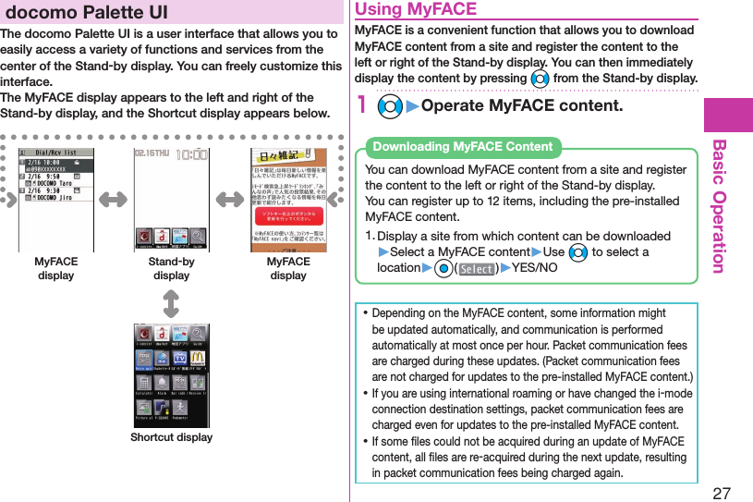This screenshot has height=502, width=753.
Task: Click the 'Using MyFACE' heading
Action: (x=417, y=10)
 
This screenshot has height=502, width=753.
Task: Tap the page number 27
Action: (x=721, y=492)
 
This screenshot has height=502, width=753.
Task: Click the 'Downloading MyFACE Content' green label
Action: (x=462, y=146)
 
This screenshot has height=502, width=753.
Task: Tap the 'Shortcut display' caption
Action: (x=171, y=437)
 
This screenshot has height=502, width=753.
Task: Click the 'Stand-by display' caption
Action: (x=171, y=268)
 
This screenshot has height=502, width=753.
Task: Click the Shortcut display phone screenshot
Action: (x=171, y=374)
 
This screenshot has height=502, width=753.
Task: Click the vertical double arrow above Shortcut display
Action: (x=171, y=302)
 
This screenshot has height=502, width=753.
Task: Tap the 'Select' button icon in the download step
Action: (x=477, y=269)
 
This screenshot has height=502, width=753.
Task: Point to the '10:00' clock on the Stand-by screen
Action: (x=191, y=156)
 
